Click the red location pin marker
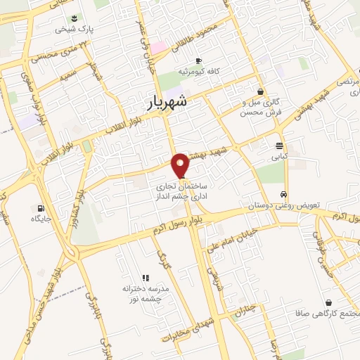tap(181, 164)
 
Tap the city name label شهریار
tap(169, 102)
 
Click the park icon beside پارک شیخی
tap(75, 18)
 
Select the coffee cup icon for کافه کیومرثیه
tap(198, 60)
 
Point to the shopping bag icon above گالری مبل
tap(261, 91)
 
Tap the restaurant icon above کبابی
tap(280, 146)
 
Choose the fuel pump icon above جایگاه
tap(40, 208)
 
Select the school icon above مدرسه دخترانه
tap(146, 278)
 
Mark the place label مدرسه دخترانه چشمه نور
tap(143, 294)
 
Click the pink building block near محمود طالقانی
tap(157, 47)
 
